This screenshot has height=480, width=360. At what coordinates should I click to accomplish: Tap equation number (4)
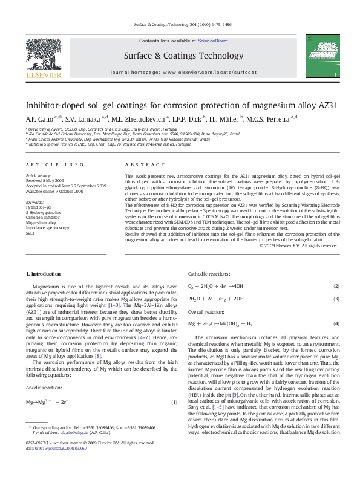click(x=336, y=325)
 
